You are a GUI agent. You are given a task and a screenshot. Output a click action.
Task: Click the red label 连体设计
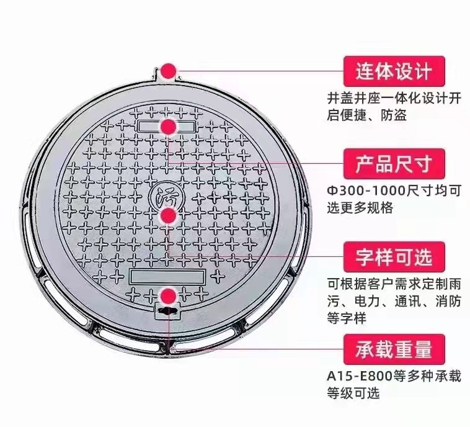394,71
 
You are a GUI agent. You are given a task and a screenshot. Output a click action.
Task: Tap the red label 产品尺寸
394,164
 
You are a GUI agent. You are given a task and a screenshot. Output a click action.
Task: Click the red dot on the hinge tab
168,72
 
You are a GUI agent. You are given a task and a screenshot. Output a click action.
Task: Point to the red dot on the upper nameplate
167,127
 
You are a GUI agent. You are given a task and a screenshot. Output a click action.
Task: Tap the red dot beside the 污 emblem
168,215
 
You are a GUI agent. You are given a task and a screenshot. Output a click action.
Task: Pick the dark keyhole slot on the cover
167,311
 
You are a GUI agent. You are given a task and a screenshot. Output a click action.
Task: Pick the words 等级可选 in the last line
353,393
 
